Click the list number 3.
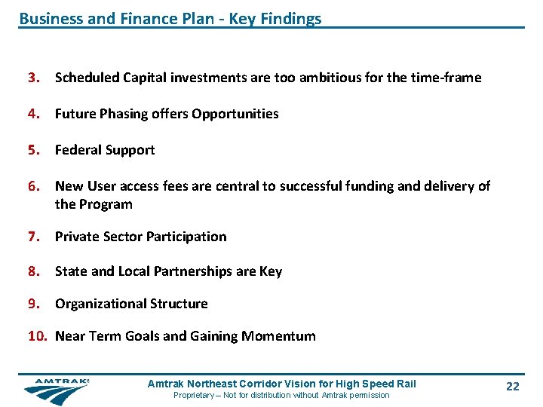pos(33,78)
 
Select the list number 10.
pos(38,336)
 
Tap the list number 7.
pos(33,237)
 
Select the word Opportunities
pos(235,115)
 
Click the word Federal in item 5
pos(78,150)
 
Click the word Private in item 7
pos(78,237)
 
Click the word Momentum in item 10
pos(278,336)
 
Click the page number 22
pos(513,387)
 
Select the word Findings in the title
pos(290,19)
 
